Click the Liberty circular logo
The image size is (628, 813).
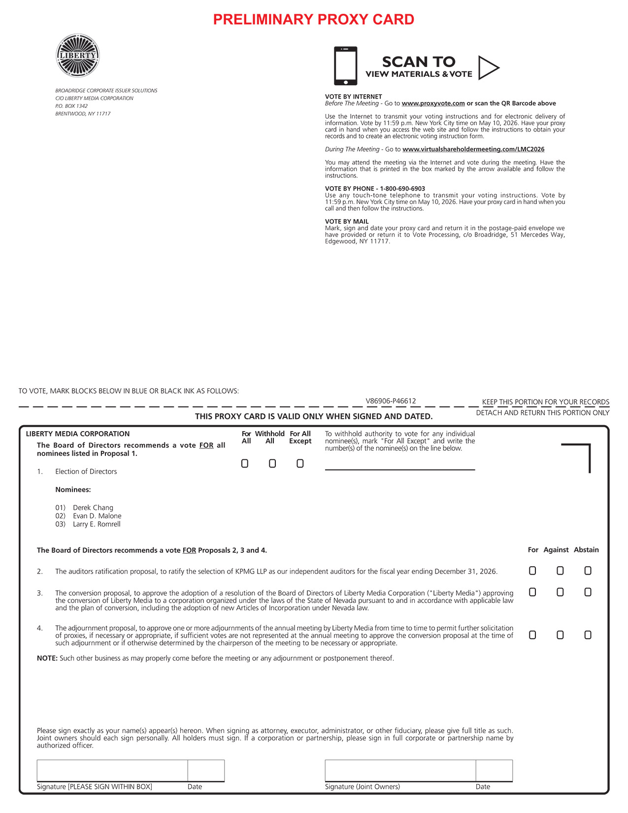pyautogui.click(x=78, y=55)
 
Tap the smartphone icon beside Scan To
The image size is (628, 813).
pyautogui.click(x=345, y=66)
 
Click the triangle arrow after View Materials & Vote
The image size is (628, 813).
pyautogui.click(x=488, y=68)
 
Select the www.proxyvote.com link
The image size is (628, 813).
pyautogui.click(x=433, y=103)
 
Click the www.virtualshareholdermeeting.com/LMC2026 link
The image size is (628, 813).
pyautogui.click(x=473, y=149)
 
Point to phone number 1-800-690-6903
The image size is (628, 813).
pyautogui.click(x=402, y=189)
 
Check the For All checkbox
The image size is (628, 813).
pyautogui.click(x=245, y=464)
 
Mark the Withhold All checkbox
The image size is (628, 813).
pyautogui.click(x=272, y=464)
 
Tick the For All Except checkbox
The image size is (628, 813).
pyautogui.click(x=300, y=464)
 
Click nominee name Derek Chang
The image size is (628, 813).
pyautogui.click(x=93, y=508)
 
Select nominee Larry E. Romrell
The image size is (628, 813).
pyautogui.click(x=97, y=524)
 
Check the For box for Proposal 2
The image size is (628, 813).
pyautogui.click(x=532, y=571)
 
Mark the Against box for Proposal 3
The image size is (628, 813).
pyautogui.click(x=560, y=592)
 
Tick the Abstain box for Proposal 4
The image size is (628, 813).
pyautogui.click(x=588, y=635)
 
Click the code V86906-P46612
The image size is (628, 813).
pyautogui.click(x=391, y=401)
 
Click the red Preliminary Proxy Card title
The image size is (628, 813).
pyautogui.click(x=314, y=20)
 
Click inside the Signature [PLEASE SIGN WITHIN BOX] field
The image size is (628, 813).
pyautogui.click(x=112, y=771)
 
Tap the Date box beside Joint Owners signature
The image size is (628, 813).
pyautogui.click(x=494, y=771)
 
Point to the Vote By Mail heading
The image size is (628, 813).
pyautogui.click(x=347, y=222)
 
